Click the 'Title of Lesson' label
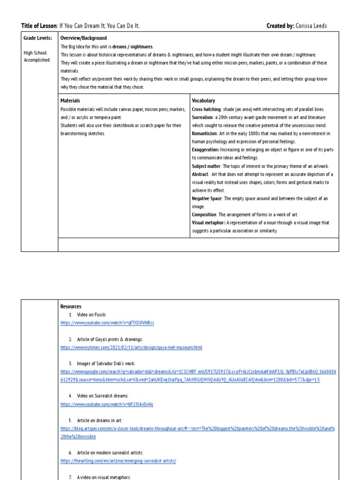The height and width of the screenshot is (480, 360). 39,25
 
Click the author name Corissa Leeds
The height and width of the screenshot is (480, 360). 311,25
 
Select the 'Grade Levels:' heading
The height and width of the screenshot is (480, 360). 37,38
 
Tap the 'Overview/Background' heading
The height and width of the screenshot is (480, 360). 83,38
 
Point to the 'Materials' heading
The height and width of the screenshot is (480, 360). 70,101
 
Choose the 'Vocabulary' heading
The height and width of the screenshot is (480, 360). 203,101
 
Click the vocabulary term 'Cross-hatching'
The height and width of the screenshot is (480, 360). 206,109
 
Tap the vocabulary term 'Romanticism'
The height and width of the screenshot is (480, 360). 204,134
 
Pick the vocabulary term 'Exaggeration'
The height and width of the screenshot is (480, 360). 205,150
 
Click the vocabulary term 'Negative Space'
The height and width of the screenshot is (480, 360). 207,199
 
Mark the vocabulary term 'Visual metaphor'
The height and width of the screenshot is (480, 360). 208,223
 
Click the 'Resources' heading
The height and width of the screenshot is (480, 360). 71,307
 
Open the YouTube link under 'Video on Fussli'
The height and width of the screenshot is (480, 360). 107,323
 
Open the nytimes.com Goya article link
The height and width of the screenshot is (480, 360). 131,347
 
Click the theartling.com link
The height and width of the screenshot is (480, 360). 118,461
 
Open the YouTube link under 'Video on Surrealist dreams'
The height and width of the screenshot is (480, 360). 107,404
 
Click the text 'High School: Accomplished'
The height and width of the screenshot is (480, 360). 37,56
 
